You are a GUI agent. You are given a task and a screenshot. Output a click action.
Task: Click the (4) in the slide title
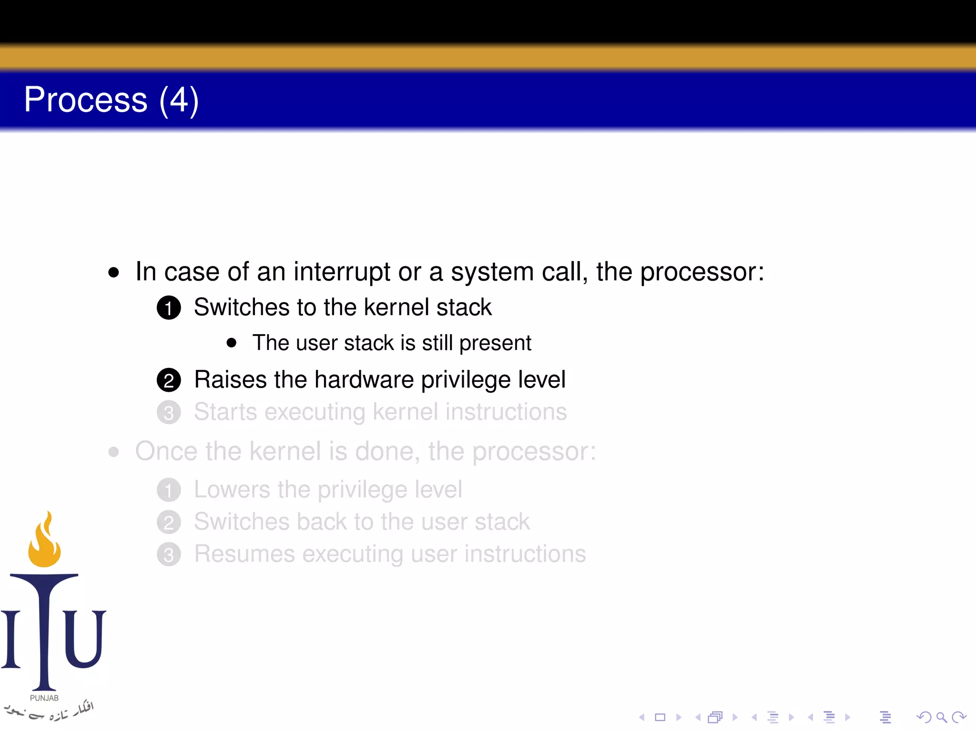(179, 101)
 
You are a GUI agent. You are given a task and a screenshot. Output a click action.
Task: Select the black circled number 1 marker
(169, 308)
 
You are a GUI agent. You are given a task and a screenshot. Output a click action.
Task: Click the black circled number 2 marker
(169, 380)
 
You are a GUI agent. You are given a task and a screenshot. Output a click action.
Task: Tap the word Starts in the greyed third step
(225, 412)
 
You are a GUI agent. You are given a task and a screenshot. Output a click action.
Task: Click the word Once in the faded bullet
(166, 451)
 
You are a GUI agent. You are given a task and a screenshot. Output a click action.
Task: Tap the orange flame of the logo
(44, 543)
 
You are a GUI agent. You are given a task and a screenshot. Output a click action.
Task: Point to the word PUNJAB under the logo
(44, 698)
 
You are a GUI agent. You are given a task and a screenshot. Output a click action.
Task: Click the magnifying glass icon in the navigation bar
(941, 717)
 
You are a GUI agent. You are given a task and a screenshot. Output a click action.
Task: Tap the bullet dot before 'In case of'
(113, 273)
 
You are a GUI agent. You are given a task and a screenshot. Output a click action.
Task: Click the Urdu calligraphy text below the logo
(48, 712)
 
